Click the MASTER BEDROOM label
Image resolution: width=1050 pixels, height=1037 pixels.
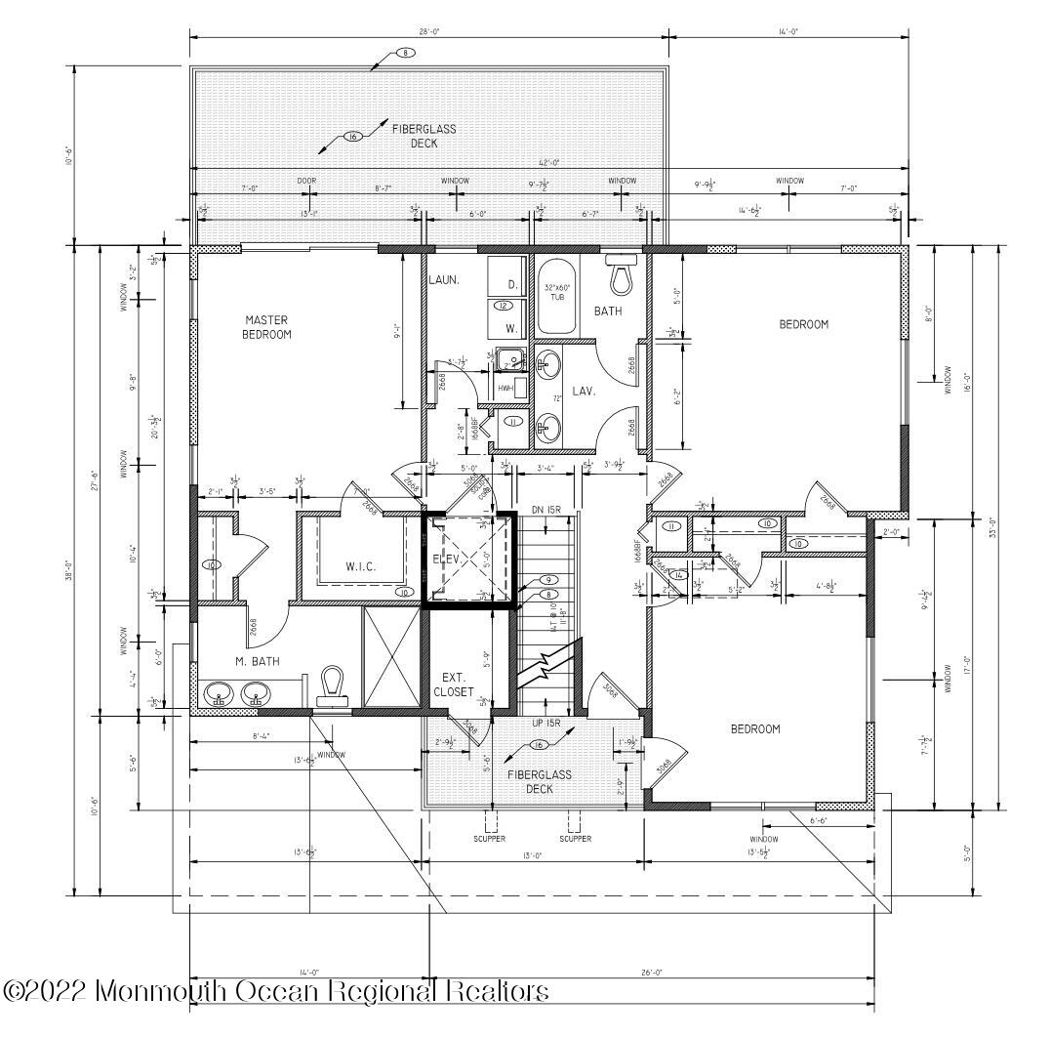point(267,326)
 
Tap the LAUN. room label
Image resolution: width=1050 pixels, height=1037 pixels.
point(443,281)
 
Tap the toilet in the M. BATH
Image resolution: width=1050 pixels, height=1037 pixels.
point(333,684)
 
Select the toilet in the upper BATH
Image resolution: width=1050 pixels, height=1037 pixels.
point(621,275)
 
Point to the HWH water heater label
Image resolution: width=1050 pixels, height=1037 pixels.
point(505,389)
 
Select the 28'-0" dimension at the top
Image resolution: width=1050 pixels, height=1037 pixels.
point(429,31)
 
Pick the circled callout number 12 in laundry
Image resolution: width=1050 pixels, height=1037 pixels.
point(503,306)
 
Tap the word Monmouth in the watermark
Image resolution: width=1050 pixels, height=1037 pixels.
point(160,992)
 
